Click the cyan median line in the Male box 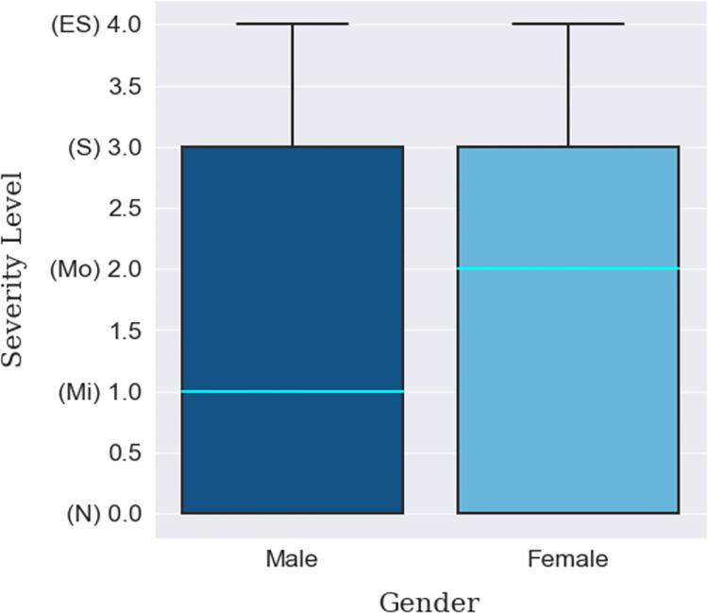pyautogui.click(x=292, y=391)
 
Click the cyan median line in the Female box pyautogui.click(x=567, y=269)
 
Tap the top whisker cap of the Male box pyautogui.click(x=292, y=24)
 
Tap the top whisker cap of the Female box pyautogui.click(x=567, y=24)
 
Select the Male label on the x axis pyautogui.click(x=292, y=559)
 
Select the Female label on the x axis pyautogui.click(x=567, y=559)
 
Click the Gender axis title pyautogui.click(x=429, y=601)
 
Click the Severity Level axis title pyautogui.click(x=13, y=269)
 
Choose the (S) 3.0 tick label pyautogui.click(x=100, y=147)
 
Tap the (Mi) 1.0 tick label pyautogui.click(x=98, y=392)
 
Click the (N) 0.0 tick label pyautogui.click(x=100, y=514)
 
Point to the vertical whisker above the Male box pyautogui.click(x=292, y=85)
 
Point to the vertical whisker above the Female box pyautogui.click(x=567, y=85)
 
